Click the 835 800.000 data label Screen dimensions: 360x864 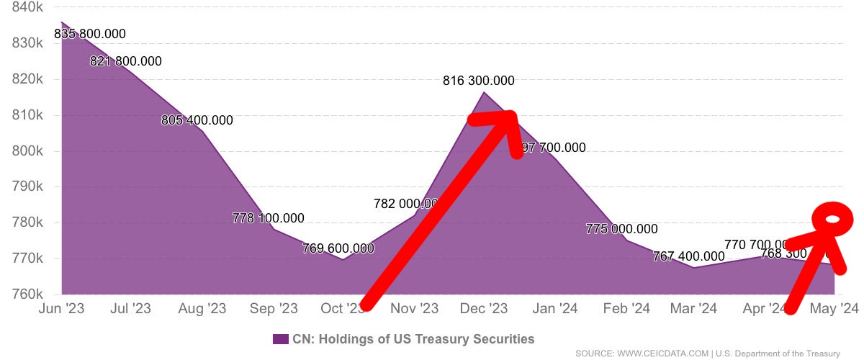90,34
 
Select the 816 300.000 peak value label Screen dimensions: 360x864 479,81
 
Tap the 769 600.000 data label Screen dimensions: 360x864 338,248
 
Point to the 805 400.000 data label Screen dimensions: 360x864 197,120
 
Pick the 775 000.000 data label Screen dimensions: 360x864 622,230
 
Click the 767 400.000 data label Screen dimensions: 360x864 688,256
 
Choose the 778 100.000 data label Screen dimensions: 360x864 269,218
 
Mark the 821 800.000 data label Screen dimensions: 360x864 126,62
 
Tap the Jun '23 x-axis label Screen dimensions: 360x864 61,309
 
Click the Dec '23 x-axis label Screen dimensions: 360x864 485,309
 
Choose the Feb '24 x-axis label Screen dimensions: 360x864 626,309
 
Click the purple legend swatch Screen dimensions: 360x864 281,338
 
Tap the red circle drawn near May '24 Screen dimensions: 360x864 833,220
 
